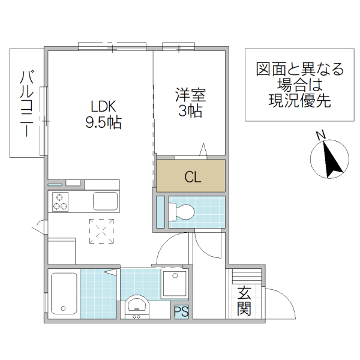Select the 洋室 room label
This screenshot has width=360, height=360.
(190, 95)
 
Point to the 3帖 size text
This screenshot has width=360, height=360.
(190, 111)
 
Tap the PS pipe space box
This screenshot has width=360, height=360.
(181, 311)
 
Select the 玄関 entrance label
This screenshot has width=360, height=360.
(243, 301)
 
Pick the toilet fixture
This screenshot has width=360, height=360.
(182, 212)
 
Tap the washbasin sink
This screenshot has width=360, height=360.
(139, 305)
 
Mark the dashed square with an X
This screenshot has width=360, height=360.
(101, 231)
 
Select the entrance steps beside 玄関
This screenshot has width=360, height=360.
(247, 277)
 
